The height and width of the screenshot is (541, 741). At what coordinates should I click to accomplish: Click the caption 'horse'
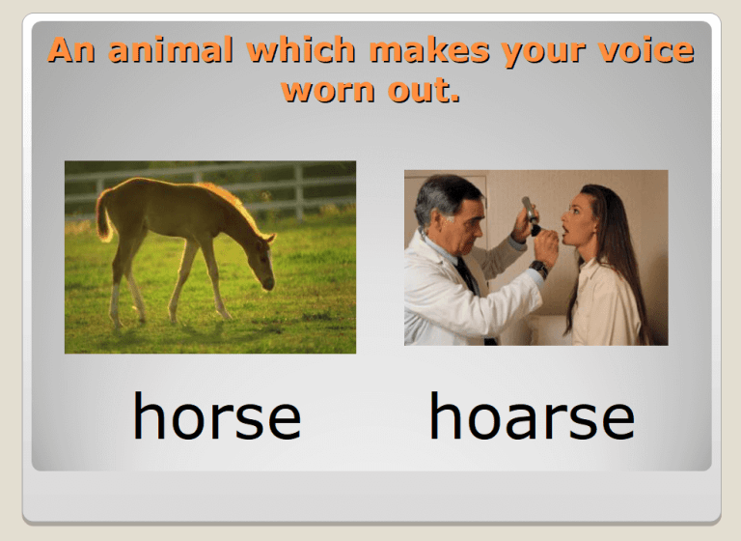pos(216,417)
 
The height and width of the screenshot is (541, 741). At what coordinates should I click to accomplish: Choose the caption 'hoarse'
pos(532,417)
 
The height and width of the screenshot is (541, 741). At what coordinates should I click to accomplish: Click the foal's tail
pos(103,214)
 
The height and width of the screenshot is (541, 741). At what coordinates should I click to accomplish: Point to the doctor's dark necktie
pos(469,280)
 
